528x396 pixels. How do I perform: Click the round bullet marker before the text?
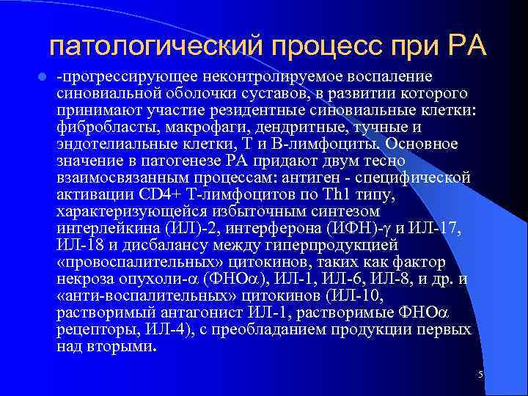pos(44,77)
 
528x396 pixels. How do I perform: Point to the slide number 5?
pos(480,375)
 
